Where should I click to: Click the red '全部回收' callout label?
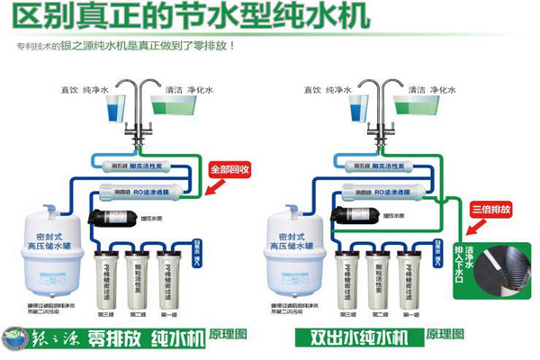click(x=229, y=168)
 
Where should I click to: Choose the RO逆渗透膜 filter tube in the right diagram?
click(x=383, y=191)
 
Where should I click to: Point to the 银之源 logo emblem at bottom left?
click(x=17, y=338)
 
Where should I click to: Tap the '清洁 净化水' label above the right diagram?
click(x=427, y=90)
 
